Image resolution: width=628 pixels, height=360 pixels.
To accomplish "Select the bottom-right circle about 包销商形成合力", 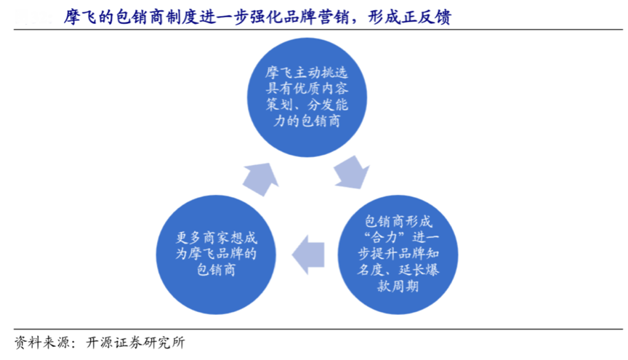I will coord(399,252).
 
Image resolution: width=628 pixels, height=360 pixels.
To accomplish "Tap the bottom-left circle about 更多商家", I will coord(214,252).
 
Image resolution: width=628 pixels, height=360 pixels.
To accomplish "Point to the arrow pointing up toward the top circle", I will coord(259,177).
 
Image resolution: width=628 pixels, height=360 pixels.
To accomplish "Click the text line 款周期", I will coord(399,285).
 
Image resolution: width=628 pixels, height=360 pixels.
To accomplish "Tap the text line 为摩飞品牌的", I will coord(214,253).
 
